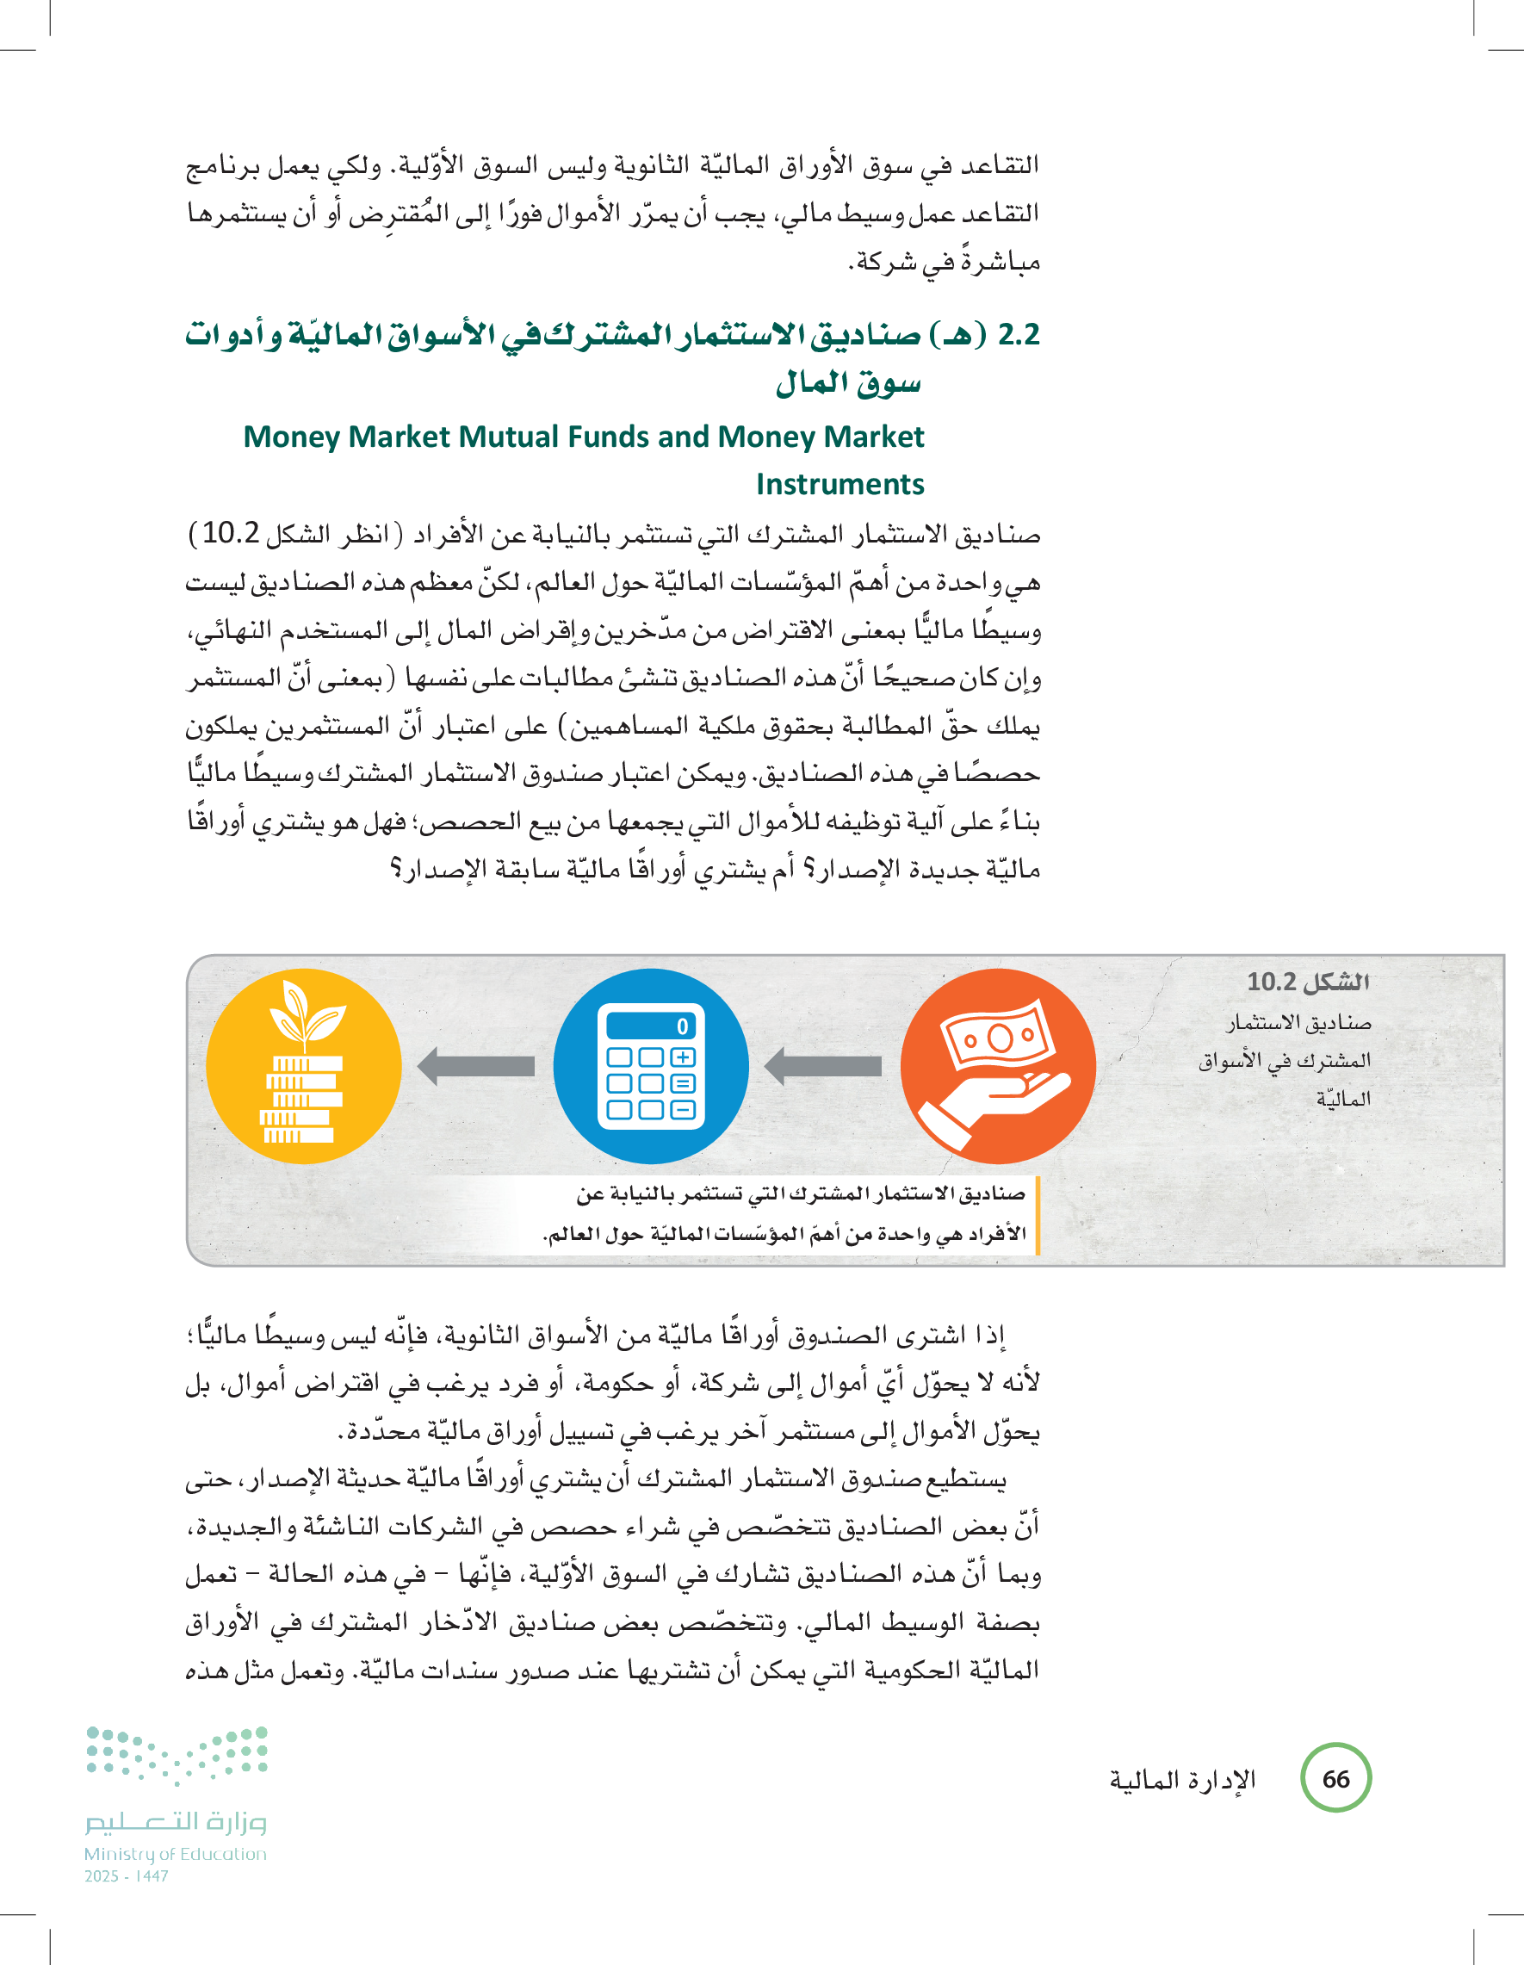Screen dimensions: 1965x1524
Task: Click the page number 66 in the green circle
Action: point(1335,1778)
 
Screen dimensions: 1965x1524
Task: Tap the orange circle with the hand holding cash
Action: point(998,1066)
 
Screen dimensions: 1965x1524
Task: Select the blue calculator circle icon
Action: point(650,1066)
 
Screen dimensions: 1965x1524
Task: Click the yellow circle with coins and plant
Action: point(303,1066)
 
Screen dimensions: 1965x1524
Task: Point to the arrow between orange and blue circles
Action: point(823,1066)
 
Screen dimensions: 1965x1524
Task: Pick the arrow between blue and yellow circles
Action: point(476,1066)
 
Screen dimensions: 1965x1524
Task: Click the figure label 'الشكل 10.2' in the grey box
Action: point(1307,982)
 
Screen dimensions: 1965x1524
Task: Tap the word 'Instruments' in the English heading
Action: point(839,484)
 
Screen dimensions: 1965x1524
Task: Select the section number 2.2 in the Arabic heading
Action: point(1019,335)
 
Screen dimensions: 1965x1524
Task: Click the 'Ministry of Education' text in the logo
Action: point(176,1854)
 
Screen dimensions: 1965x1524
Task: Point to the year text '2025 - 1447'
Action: point(126,1876)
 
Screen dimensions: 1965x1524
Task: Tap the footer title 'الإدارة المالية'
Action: point(1181,1780)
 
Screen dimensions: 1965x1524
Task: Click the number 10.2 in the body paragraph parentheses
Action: point(230,533)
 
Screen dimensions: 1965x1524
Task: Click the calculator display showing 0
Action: point(650,1026)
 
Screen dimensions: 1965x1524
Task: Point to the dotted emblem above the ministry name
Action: point(177,1755)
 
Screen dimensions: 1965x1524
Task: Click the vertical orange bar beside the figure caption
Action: point(1037,1215)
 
